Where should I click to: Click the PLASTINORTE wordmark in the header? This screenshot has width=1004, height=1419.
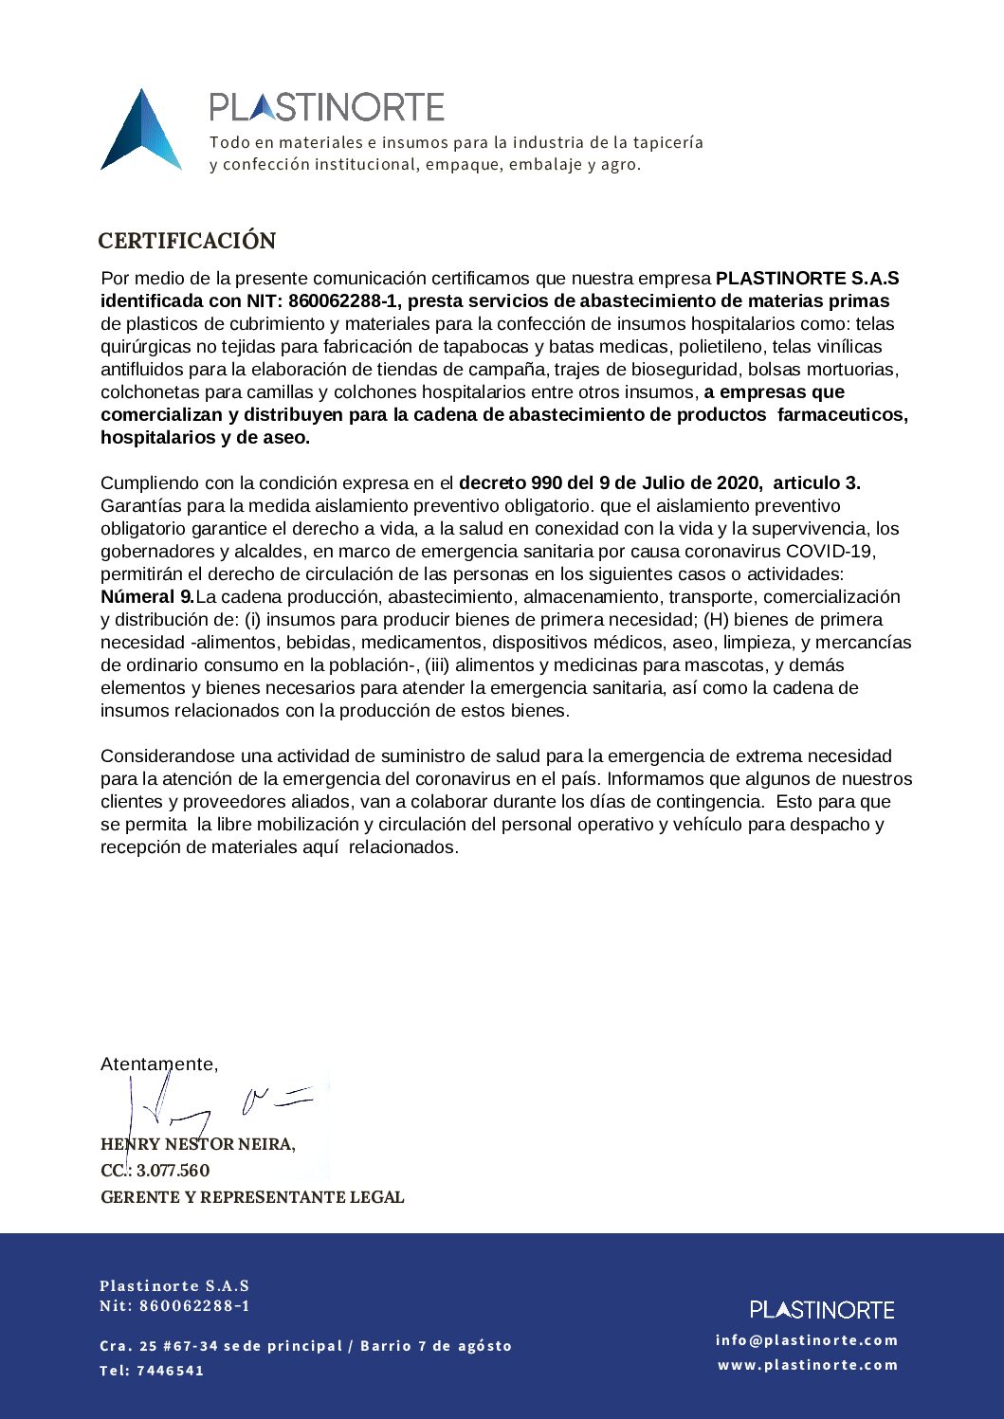coord(326,107)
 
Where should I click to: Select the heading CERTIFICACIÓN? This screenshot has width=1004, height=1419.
coord(187,241)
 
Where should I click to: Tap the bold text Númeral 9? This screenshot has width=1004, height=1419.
coord(147,597)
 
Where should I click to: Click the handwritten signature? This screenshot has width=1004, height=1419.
coord(218,1105)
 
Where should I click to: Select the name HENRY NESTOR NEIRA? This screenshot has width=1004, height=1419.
coord(197,1144)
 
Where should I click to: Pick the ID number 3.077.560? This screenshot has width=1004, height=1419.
coord(173,1171)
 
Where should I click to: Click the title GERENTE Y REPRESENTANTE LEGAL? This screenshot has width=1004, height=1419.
coord(252,1197)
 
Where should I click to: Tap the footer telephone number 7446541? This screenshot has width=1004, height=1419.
coord(171,1371)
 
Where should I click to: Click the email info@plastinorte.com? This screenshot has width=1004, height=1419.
coord(807,1340)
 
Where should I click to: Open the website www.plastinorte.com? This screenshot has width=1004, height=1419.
coord(808,1365)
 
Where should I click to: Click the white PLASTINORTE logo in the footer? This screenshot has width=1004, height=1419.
coord(822,1309)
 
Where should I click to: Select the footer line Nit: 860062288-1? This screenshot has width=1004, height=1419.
coord(175,1306)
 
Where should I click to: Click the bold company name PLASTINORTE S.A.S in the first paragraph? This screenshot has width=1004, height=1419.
coord(807,279)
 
